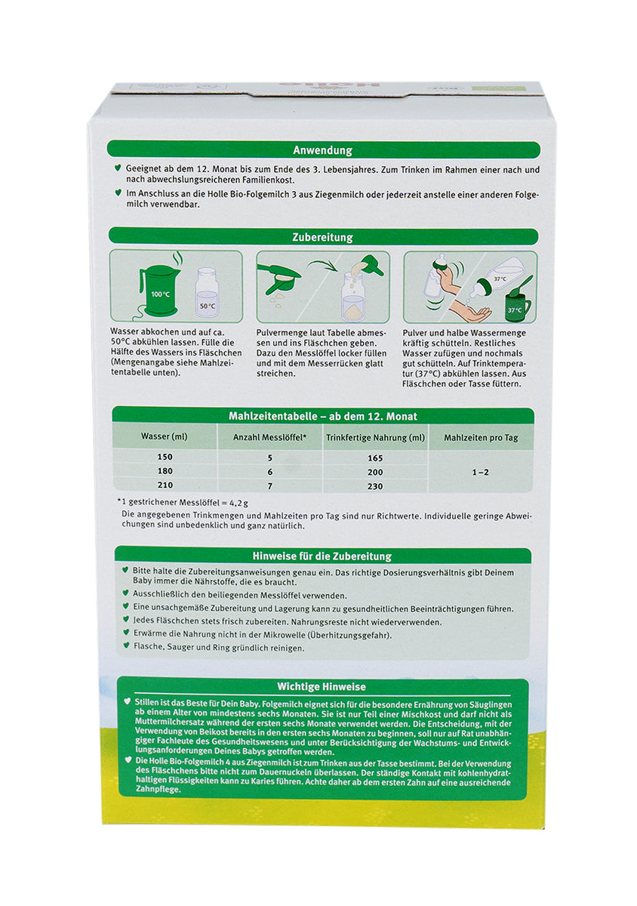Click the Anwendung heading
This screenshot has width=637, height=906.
pyautogui.click(x=322, y=150)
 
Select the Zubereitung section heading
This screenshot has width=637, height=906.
pyautogui.click(x=322, y=237)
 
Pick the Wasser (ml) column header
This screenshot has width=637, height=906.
pyautogui.click(x=164, y=437)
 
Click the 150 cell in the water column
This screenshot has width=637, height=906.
pyautogui.click(x=165, y=458)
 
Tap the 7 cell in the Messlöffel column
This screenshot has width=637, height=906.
pyautogui.click(x=269, y=485)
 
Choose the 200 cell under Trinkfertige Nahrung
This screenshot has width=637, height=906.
pyautogui.click(x=375, y=471)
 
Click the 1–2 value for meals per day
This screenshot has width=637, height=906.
pyautogui.click(x=480, y=471)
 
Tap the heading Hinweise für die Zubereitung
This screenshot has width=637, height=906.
pyautogui.click(x=322, y=556)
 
